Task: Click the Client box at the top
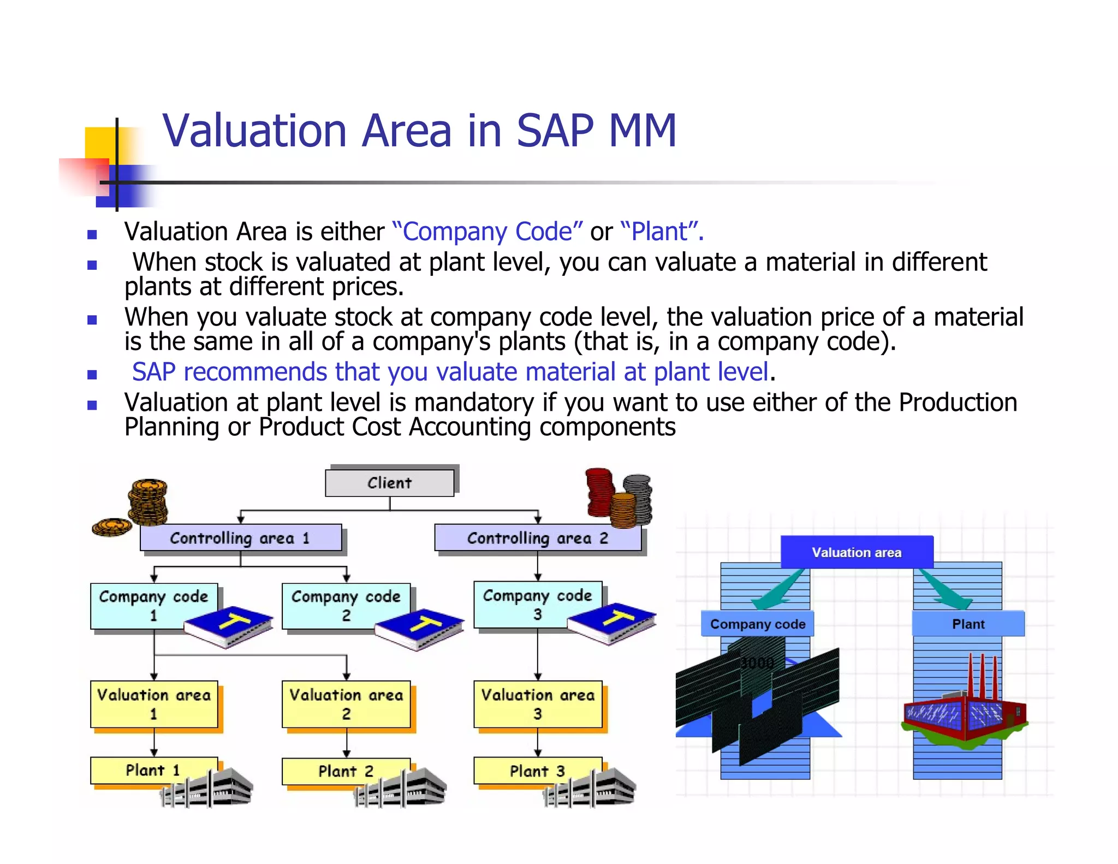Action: pos(389,483)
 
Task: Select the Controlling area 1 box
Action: pos(241,538)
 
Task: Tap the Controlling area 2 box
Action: pos(537,538)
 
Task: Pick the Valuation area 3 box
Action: pos(537,704)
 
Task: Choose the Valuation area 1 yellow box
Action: pos(153,704)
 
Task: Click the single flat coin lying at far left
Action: pos(111,526)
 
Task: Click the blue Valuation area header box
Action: pos(856,552)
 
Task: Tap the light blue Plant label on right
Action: pos(968,624)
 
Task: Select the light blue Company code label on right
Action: pos(757,624)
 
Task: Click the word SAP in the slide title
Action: pos(554,131)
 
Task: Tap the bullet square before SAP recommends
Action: pos(92,375)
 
